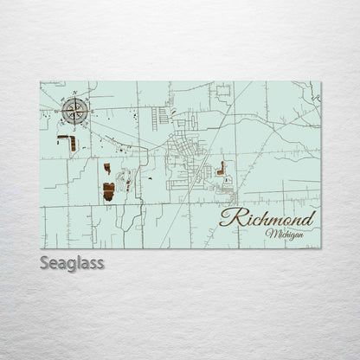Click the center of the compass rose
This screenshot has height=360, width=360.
coord(74,110)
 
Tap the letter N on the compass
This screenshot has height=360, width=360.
coord(74,93)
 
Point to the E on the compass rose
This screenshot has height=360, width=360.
coord(92,110)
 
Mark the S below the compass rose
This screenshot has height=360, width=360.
coord(74,127)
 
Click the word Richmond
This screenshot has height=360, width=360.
coord(267,218)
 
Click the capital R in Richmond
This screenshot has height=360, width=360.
coord(230,216)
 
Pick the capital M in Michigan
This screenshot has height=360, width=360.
coord(272,235)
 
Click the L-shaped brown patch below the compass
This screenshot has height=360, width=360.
coord(67,141)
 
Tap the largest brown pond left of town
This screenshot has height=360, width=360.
coord(109,191)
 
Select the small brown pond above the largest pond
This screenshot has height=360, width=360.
coord(107,168)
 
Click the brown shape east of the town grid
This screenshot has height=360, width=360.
coord(222,168)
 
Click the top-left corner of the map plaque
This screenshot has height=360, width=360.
coord(40,82)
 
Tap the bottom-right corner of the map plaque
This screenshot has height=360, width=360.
coord(320,249)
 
